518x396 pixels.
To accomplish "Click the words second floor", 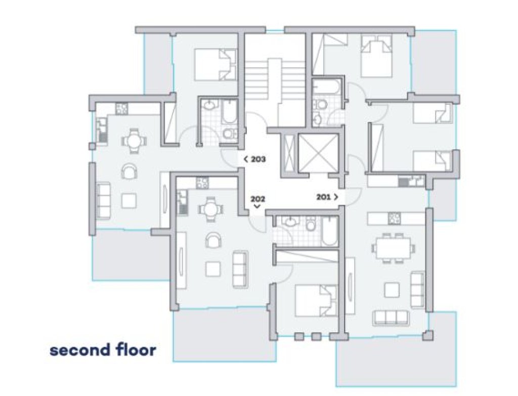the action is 103,350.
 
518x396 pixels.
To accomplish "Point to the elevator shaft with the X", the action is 318,153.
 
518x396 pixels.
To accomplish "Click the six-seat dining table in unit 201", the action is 393,248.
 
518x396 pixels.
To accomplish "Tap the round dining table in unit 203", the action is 134,141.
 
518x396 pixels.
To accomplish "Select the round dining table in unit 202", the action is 210,209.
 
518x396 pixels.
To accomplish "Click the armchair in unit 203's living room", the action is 129,171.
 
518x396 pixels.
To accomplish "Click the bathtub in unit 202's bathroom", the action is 329,231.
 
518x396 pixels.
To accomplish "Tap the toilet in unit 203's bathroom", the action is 230,134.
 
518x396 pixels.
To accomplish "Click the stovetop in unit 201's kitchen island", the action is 394,218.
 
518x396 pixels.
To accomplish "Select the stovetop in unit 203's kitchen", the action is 121,109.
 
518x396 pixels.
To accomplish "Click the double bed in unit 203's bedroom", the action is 215,65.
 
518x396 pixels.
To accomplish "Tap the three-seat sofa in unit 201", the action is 391,318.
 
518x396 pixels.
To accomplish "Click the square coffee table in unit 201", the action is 392,290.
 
